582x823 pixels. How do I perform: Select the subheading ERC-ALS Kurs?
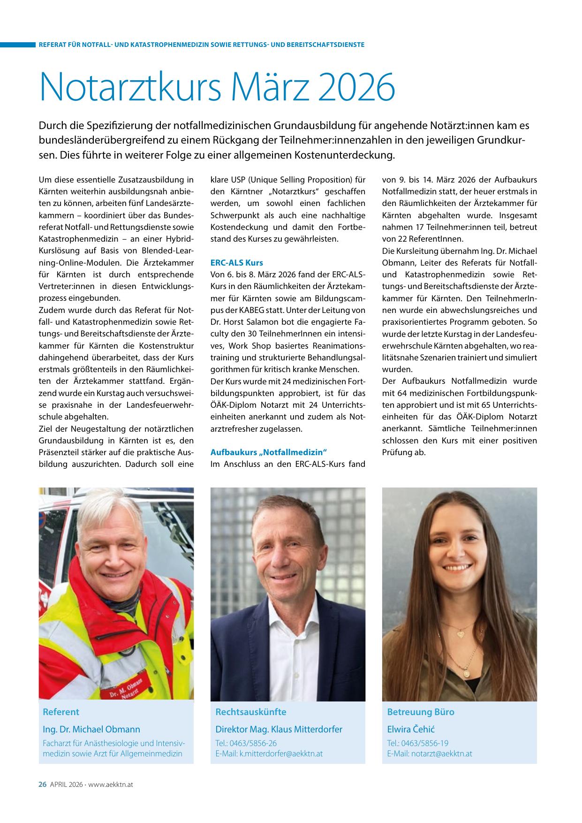tap(237, 263)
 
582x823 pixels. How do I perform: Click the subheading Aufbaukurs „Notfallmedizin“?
tap(268, 452)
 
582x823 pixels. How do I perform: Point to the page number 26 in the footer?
tap(42, 784)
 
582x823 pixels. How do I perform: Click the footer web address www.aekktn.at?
tap(111, 784)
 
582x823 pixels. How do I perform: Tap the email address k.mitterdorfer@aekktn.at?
tap(281, 754)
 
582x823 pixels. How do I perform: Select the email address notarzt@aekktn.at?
tap(441, 754)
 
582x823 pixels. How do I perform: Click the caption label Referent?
tap(61, 712)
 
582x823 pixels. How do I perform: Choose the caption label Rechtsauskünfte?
tap(250, 712)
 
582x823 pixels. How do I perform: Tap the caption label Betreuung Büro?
tap(421, 712)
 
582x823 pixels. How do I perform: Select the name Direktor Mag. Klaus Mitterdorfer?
tap(279, 729)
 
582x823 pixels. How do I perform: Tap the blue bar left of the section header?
tap(18, 45)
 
